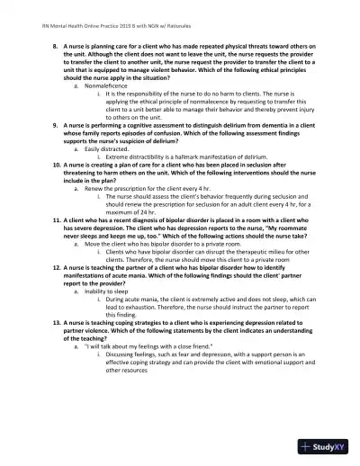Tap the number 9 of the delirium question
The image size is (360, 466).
[56, 124]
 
